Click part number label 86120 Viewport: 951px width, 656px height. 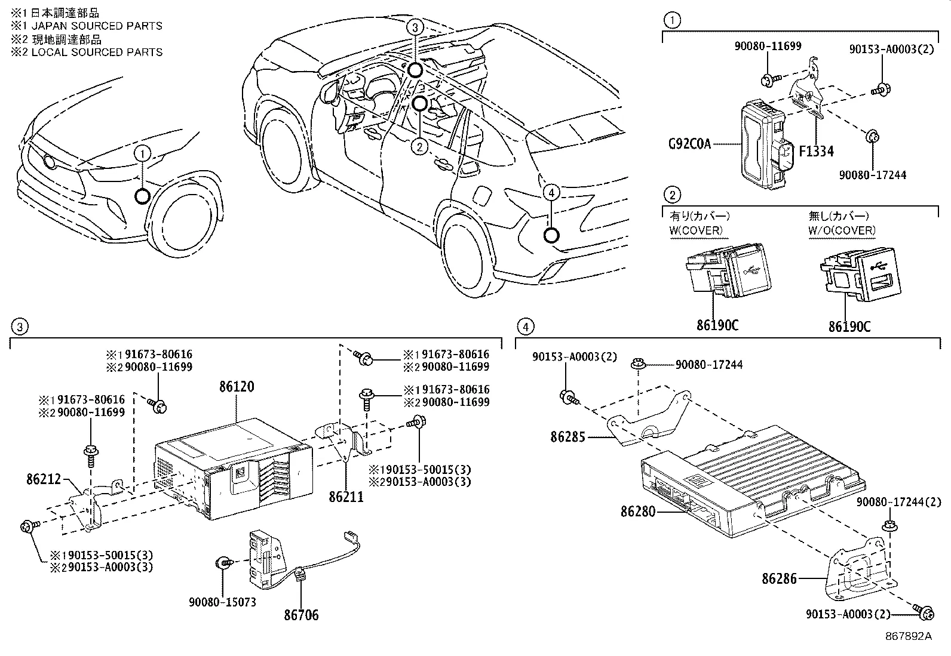click(236, 387)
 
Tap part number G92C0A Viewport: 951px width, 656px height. click(689, 144)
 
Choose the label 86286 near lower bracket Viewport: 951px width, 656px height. click(779, 578)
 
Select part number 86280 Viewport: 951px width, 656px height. click(637, 512)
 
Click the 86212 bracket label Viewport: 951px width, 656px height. click(44, 479)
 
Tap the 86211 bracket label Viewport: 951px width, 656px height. click(346, 496)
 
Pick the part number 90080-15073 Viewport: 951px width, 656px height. click(222, 602)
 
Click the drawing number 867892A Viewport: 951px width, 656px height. click(908, 636)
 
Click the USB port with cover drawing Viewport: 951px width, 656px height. click(727, 272)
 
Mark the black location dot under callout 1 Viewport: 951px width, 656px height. click(142, 196)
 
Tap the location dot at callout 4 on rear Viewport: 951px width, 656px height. click(551, 235)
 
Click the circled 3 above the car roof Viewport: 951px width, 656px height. click(416, 27)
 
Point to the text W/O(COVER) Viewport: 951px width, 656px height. click(842, 230)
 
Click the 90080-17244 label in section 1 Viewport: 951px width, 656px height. click(872, 175)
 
